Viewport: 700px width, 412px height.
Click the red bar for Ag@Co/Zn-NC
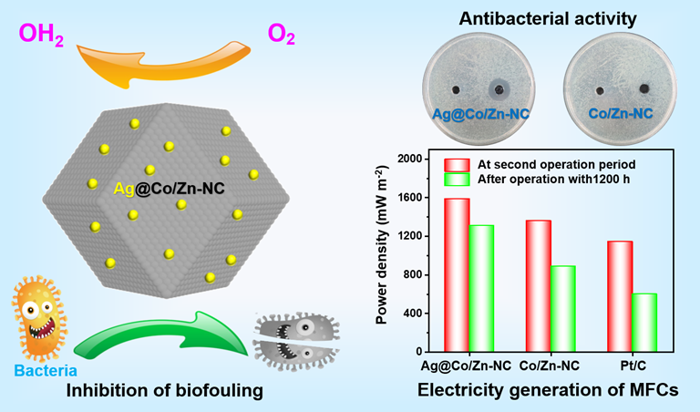click(x=457, y=274)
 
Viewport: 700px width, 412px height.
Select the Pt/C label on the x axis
click(x=632, y=366)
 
